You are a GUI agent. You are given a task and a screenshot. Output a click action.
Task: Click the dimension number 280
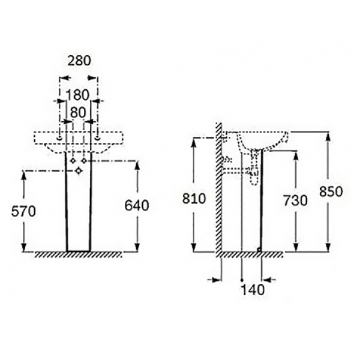coord(78,61)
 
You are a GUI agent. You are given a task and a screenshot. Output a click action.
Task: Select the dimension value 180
coord(78,94)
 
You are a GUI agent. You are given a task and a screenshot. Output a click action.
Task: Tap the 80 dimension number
coord(78,112)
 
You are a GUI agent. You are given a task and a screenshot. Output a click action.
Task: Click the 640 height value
coord(136,205)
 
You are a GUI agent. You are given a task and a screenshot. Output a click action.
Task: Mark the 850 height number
coord(330,192)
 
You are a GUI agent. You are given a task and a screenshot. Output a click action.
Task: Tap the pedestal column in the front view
coord(78,210)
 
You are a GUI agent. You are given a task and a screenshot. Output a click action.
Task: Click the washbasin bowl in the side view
coord(262,140)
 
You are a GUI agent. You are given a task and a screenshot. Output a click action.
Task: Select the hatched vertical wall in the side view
coord(220,192)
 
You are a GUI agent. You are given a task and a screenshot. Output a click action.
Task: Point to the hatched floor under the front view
coord(78,255)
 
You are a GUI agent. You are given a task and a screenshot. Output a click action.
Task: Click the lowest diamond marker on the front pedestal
coord(78,172)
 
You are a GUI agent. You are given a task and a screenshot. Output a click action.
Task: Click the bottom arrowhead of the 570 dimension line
coord(24,248)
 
